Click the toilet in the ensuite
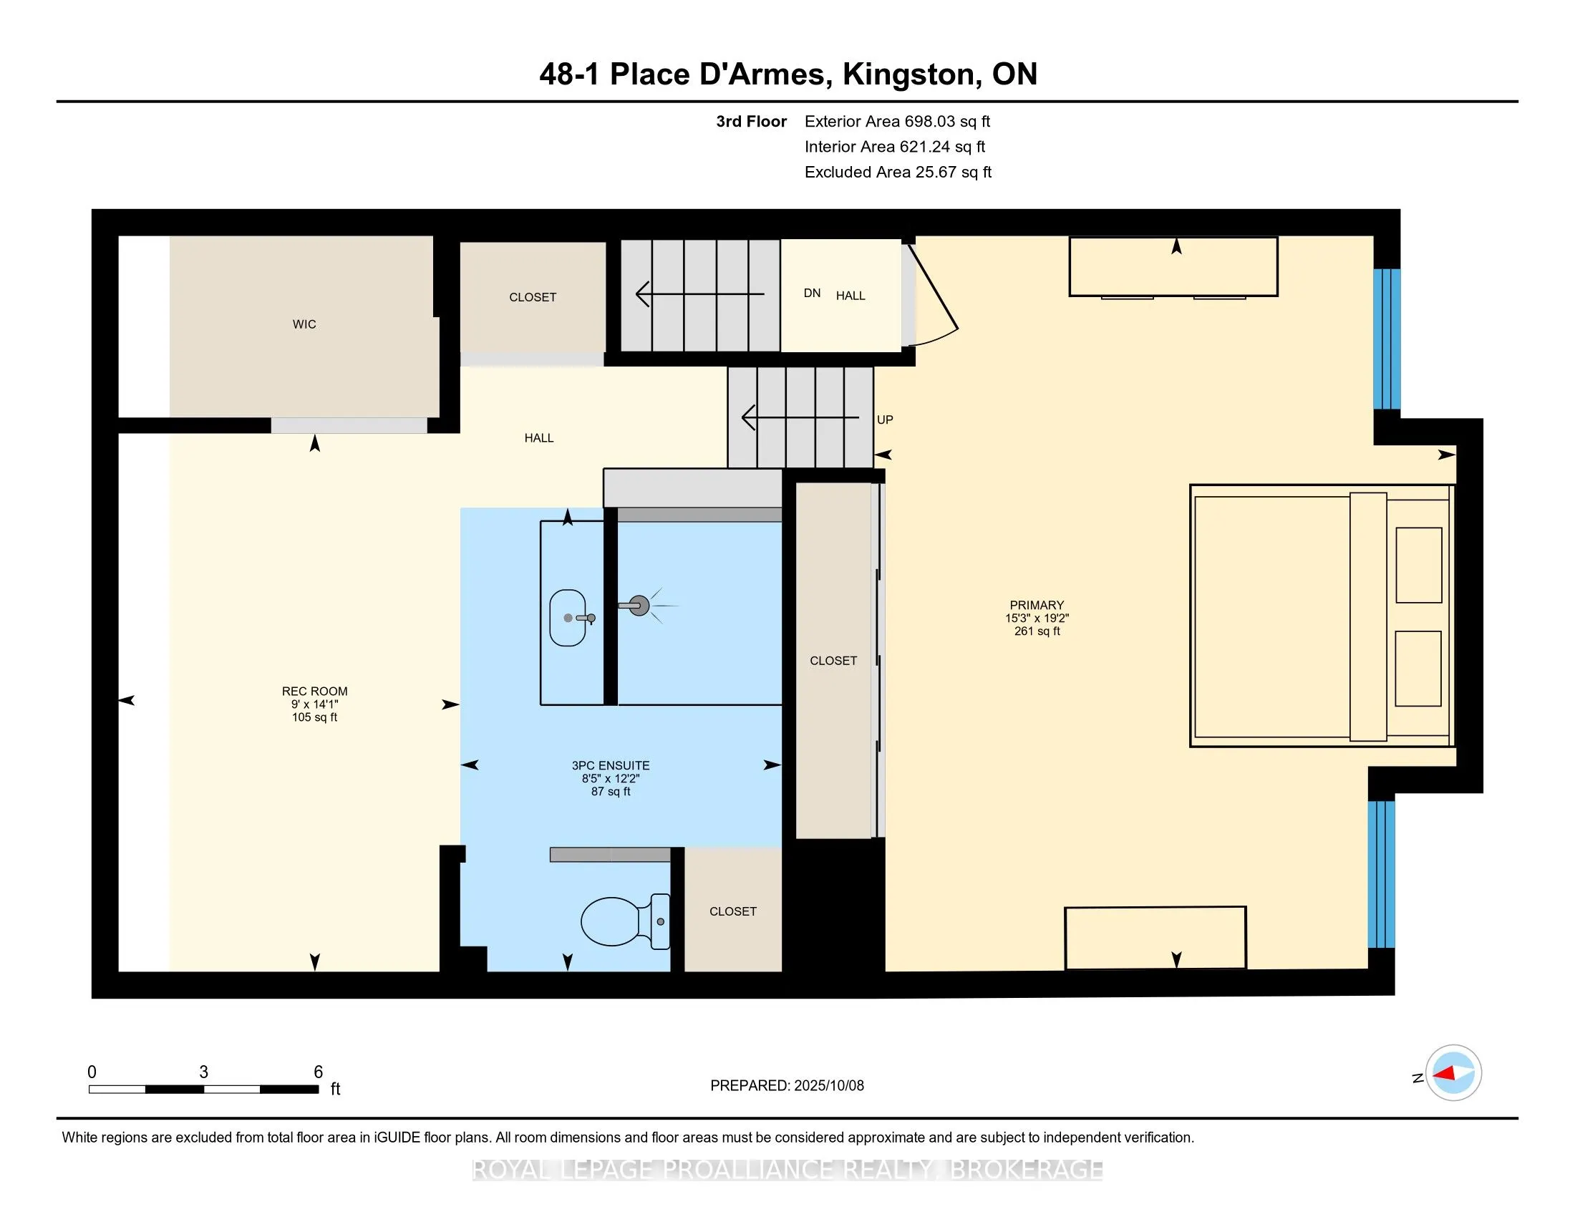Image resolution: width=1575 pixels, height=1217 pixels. (x=624, y=921)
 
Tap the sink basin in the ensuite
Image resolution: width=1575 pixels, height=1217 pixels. (x=568, y=618)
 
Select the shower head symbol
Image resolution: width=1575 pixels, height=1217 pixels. (x=639, y=606)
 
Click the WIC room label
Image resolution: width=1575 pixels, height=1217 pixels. (x=304, y=324)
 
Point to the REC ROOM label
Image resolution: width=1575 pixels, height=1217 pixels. (x=314, y=692)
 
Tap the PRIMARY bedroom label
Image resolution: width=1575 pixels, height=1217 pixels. (x=1037, y=606)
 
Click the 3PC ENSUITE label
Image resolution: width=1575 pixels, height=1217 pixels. (x=611, y=766)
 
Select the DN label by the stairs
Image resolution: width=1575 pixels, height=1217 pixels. (x=812, y=293)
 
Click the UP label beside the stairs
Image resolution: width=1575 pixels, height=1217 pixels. (x=885, y=420)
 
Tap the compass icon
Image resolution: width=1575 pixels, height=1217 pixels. (x=1453, y=1073)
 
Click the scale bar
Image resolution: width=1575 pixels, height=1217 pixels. (x=204, y=1090)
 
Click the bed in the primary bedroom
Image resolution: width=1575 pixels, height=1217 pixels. (x=1321, y=616)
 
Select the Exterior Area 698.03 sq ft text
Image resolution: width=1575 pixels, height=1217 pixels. (x=898, y=122)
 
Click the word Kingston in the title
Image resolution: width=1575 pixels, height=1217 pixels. (x=908, y=74)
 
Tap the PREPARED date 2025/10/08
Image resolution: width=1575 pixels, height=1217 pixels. (x=828, y=1086)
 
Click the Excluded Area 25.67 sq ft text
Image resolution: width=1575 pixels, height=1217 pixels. (x=898, y=173)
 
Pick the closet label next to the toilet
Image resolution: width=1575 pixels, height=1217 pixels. (x=732, y=912)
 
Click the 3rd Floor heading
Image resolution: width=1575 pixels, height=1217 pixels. (x=751, y=122)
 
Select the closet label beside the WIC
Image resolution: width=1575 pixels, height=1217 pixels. (x=532, y=298)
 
